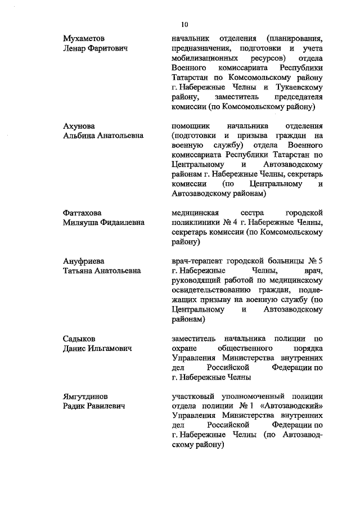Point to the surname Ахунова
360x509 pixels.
point(79,125)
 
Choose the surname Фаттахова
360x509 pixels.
point(82,213)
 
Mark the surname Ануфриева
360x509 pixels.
point(83,261)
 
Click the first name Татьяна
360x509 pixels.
point(80,271)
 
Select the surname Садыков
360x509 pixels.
point(79,339)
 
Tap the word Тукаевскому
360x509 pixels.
point(300,87)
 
